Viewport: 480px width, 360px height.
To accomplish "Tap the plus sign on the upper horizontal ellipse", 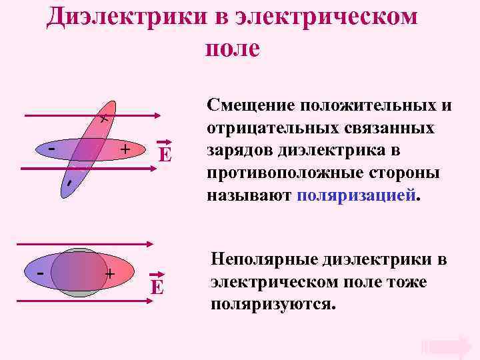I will pyautogui.click(x=125, y=149).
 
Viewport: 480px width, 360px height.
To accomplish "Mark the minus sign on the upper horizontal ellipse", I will pyautogui.click(x=51, y=148).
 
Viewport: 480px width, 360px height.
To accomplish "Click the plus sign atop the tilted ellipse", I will pyautogui.click(x=103, y=119).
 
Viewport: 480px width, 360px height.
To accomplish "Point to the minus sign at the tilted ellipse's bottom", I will pyautogui.click(x=68, y=183).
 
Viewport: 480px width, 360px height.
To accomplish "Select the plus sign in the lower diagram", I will pyautogui.click(x=110, y=273).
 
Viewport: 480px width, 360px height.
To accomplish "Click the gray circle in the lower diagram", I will pyautogui.click(x=79, y=292).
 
